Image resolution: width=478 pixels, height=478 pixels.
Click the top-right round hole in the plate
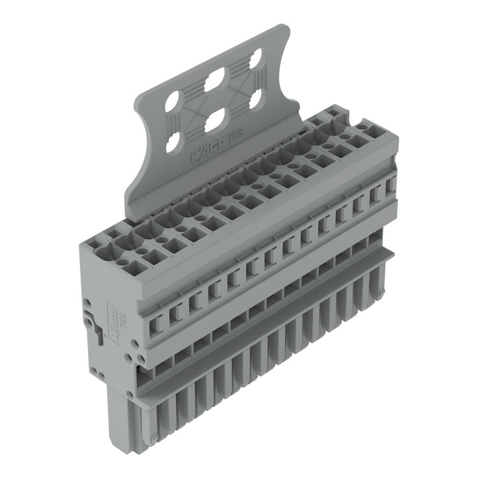coord(255,58)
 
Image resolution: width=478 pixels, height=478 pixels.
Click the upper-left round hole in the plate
coord(172,100)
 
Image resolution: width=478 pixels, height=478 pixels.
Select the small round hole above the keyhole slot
coord(87,302)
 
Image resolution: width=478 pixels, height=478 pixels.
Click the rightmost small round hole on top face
coord(362,127)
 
